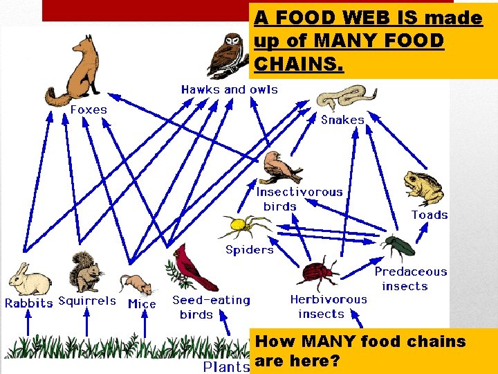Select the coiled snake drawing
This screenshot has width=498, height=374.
coord(345,97)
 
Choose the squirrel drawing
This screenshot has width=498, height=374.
coord(84,274)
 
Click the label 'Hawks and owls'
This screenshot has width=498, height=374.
coord(229,89)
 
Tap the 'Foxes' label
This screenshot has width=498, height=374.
coord(88,109)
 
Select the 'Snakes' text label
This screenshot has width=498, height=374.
coord(342,120)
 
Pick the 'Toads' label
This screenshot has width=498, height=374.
coord(430,215)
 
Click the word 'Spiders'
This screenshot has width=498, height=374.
coord(249,249)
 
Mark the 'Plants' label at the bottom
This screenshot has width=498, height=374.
coord(226,366)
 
